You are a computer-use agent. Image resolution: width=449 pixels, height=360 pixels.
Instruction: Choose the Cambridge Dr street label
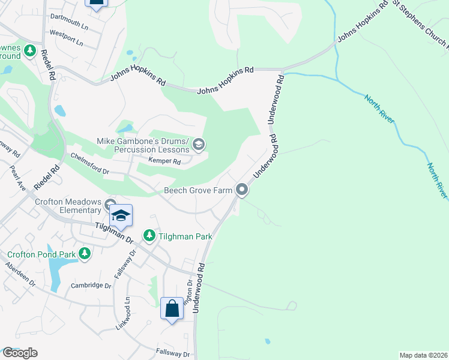(91, 286)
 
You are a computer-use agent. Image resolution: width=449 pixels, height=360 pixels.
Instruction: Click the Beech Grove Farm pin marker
(242, 190)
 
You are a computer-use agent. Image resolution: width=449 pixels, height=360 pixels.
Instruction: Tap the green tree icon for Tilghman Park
(149, 236)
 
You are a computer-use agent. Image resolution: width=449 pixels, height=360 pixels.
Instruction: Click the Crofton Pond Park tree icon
(85, 254)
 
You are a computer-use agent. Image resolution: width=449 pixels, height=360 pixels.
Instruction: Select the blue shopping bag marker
(172, 309)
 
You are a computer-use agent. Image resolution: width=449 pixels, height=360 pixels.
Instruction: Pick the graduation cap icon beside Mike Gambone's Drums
(199, 145)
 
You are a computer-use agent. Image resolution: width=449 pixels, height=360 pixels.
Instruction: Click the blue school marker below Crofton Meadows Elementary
(121, 216)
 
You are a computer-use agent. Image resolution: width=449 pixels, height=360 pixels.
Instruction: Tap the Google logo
(20, 353)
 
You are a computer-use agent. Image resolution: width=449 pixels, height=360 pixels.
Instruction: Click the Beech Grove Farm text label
(199, 191)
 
